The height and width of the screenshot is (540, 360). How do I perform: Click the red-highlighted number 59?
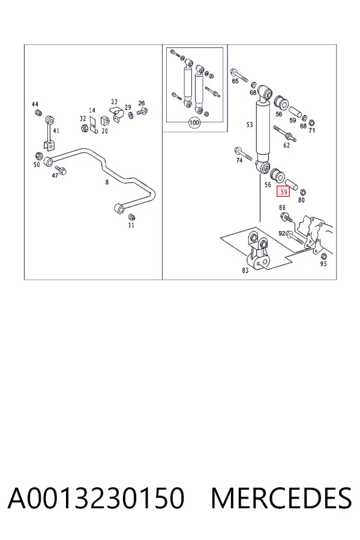[x=284, y=192]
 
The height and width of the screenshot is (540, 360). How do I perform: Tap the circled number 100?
[x=194, y=122]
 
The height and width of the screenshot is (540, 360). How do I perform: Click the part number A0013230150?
[x=96, y=498]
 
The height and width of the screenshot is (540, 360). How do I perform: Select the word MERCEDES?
[x=281, y=498]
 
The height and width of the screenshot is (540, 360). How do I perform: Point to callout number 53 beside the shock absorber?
[x=250, y=125]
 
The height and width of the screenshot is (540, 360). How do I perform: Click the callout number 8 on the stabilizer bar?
[x=107, y=182]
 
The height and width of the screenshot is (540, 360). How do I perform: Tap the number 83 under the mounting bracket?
[x=245, y=271]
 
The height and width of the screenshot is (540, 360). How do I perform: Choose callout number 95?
[x=323, y=264]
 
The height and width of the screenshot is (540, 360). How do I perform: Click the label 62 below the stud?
[x=287, y=145]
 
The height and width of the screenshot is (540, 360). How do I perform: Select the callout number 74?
[x=239, y=160]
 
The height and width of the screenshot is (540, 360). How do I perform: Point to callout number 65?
[x=235, y=81]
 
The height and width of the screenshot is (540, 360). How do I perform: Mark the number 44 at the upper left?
[x=35, y=104]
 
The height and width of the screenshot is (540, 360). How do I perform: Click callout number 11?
[x=131, y=225]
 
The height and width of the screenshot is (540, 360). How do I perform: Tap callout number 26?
[x=142, y=103]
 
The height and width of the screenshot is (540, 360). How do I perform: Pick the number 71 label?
[x=311, y=130]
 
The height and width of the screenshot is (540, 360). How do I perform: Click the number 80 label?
[x=301, y=200]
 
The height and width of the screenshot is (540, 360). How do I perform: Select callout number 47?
[x=55, y=175]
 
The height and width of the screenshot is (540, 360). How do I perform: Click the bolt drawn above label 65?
[x=240, y=75]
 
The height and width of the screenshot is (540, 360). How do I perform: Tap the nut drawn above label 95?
[x=324, y=256]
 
